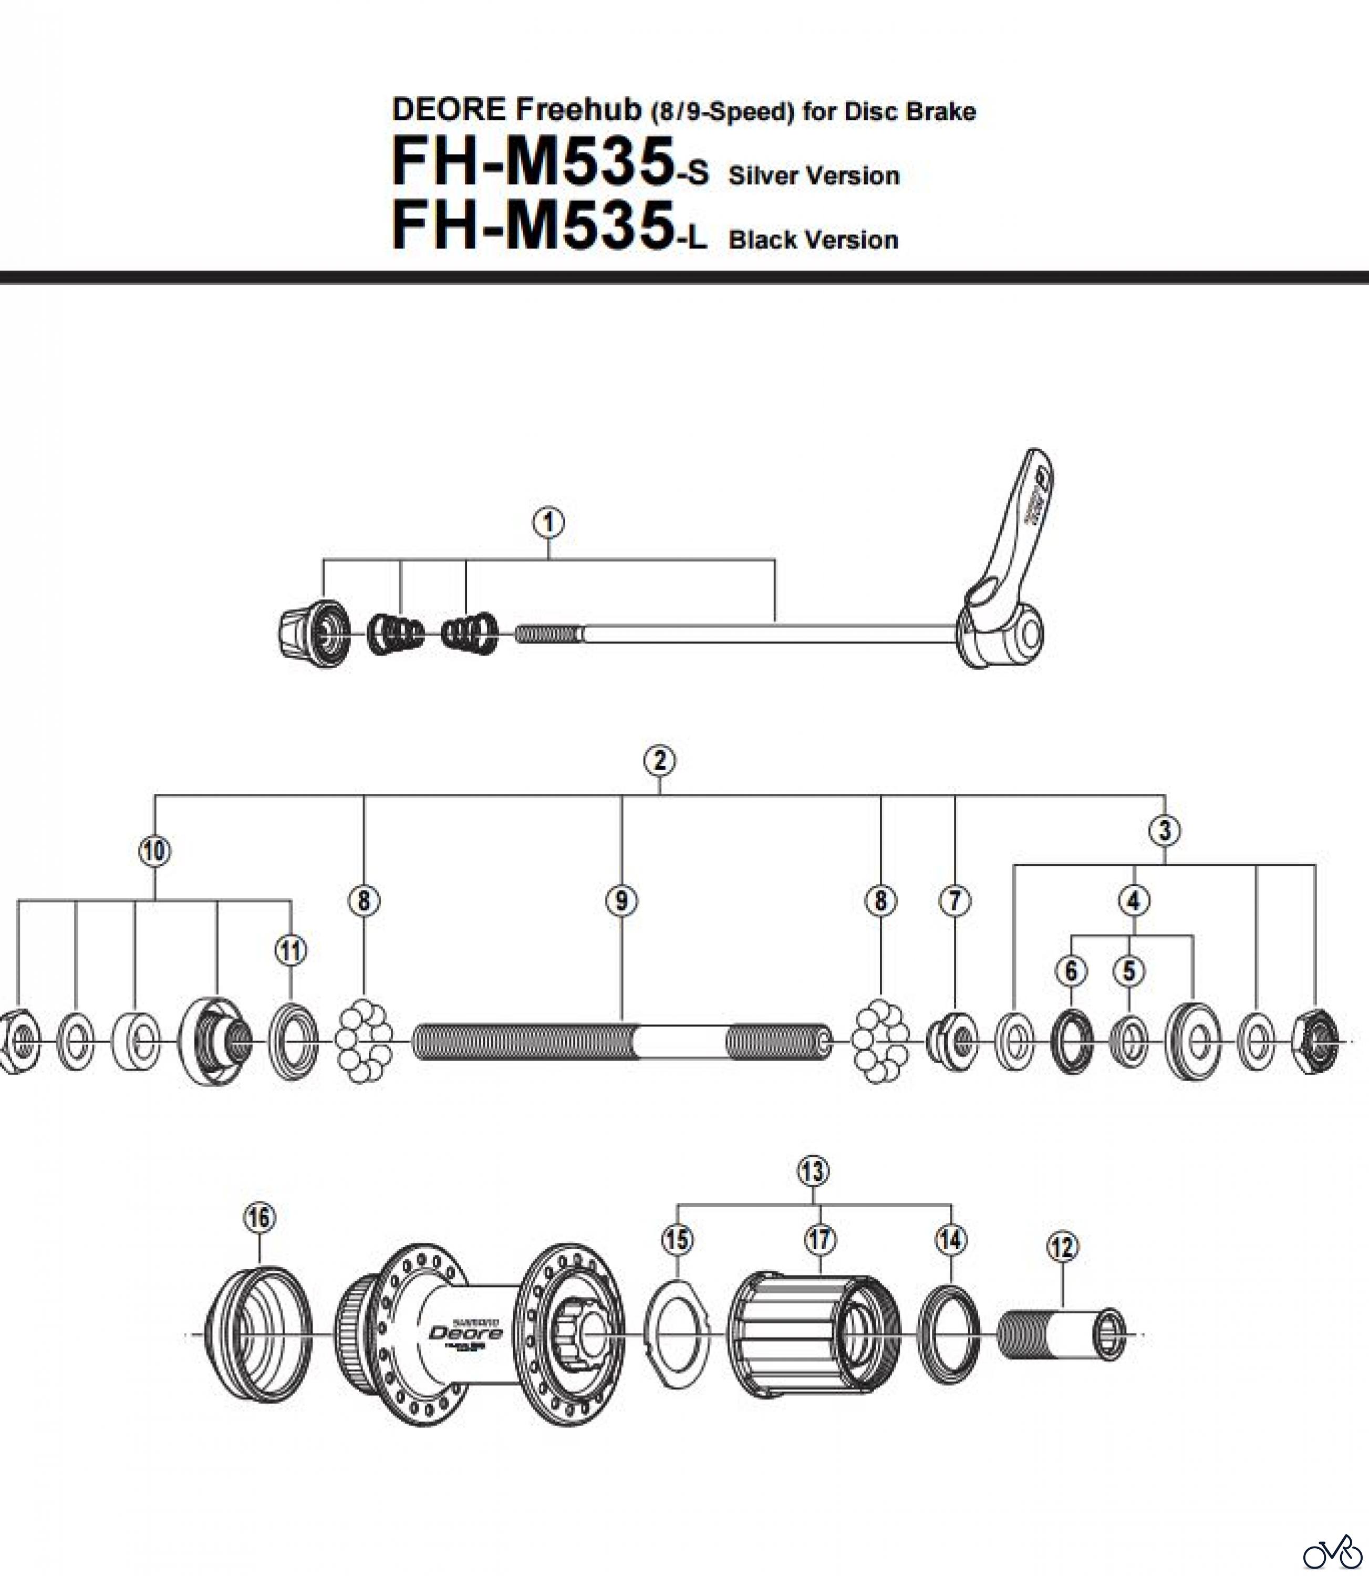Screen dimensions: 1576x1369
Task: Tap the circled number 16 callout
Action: pos(260,1218)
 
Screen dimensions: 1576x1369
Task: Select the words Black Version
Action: pos(814,240)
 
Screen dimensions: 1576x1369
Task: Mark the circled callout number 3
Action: pos(1164,831)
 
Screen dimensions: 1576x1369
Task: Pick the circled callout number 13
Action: pos(812,1171)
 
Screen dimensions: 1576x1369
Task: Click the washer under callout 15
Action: pos(677,1334)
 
